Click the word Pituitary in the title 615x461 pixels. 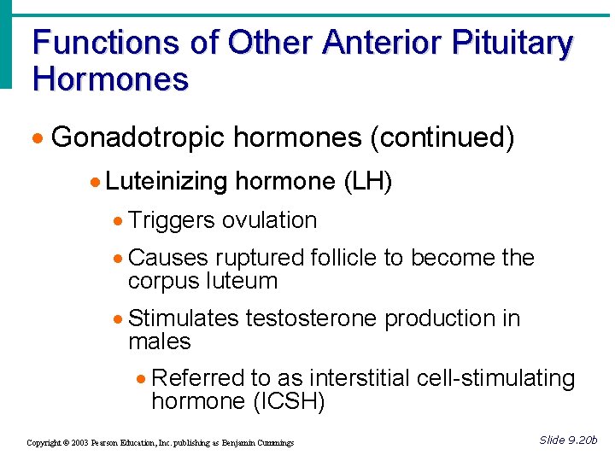coord(514,44)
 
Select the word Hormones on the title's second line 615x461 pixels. coord(110,79)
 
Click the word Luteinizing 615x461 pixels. coord(167,181)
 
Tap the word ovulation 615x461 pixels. coord(269,220)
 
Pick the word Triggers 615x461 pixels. coord(172,220)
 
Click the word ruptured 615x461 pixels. coord(260,258)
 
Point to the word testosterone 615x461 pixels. coord(312,318)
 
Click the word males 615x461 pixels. coord(159,341)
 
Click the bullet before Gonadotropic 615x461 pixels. coord(39,138)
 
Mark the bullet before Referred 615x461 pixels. coord(142,379)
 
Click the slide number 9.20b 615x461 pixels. coord(581,440)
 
